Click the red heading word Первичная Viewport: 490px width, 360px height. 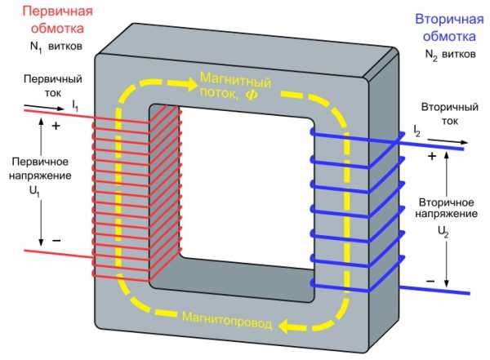point(57,11)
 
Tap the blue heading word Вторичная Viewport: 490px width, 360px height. point(449,20)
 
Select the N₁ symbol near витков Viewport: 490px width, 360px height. point(36,47)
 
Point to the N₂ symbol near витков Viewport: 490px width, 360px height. point(431,56)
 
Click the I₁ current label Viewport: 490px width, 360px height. point(75,105)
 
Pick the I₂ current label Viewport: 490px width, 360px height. point(416,131)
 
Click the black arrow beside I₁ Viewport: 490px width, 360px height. point(44,107)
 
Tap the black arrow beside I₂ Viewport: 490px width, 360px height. point(448,141)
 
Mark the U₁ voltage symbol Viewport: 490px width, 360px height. point(34,191)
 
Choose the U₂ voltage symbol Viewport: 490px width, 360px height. point(443,232)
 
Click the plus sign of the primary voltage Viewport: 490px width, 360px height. point(56,126)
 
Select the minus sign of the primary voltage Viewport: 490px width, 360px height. point(56,240)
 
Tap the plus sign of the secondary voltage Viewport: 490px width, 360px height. point(432,156)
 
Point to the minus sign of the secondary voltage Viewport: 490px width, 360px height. point(430,282)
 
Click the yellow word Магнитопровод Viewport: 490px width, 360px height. point(227,321)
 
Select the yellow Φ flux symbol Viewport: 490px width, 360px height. point(252,94)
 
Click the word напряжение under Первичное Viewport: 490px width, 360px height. point(40,176)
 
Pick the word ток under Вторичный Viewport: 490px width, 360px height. point(450,121)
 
